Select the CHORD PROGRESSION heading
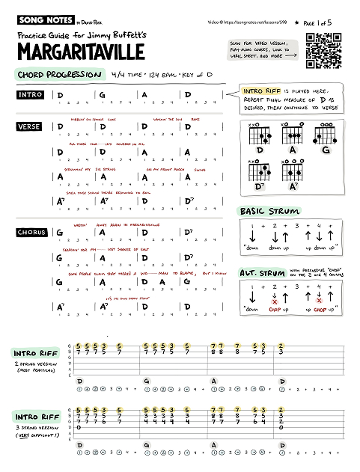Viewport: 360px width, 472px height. [x=59, y=75]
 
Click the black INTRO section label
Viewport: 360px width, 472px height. [x=31, y=95]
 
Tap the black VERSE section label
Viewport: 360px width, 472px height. [x=30, y=127]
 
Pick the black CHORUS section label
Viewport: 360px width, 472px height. [x=31, y=233]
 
